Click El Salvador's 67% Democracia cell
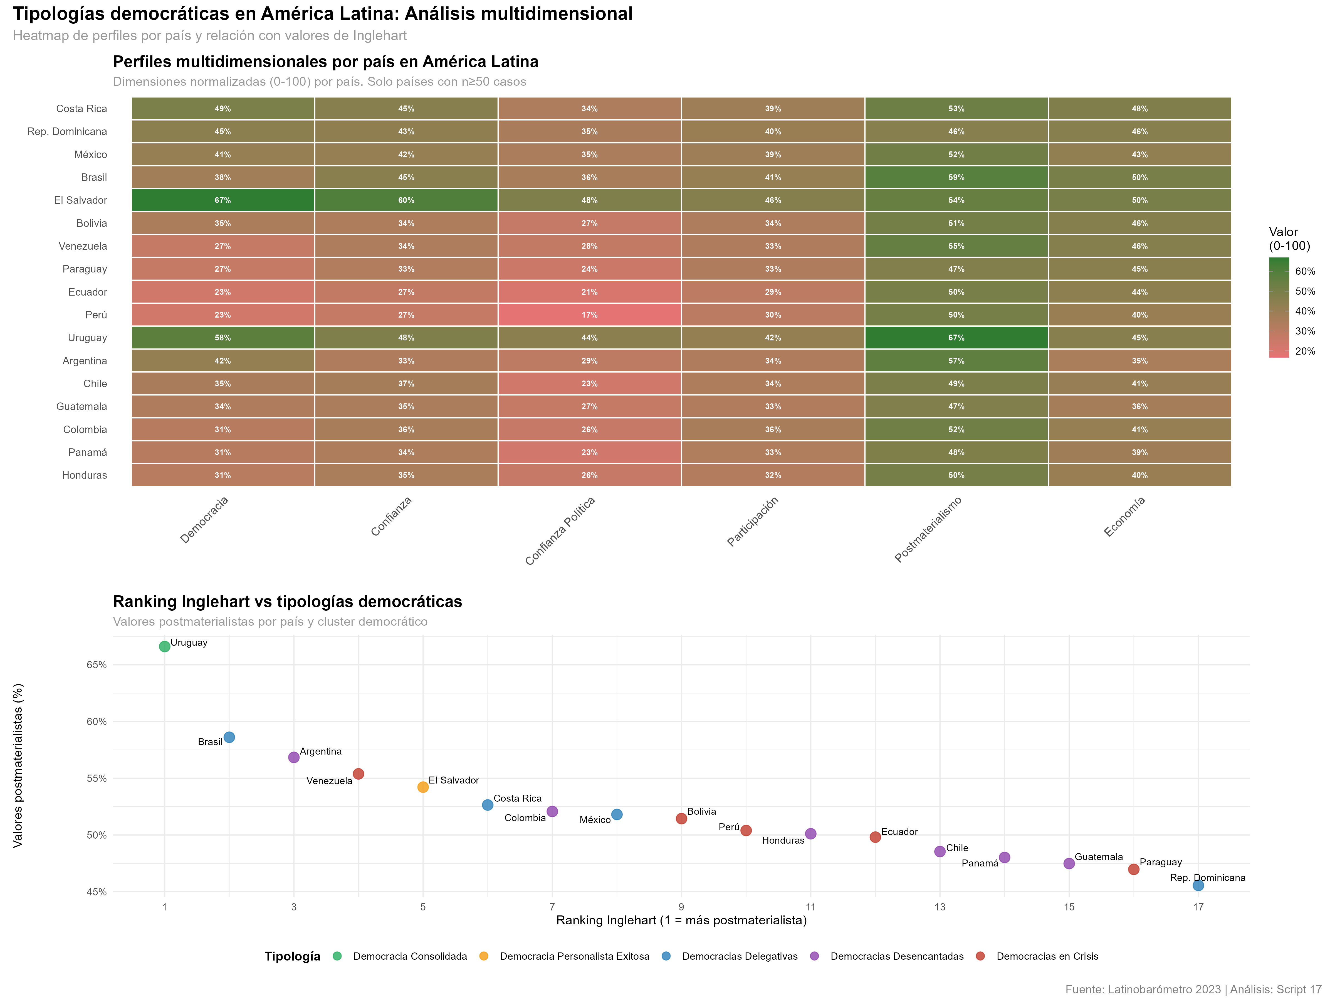pyautogui.click(x=223, y=200)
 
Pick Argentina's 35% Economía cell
pyautogui.click(x=1139, y=360)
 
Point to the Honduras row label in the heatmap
pyautogui.click(x=85, y=475)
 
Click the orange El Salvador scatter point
pyautogui.click(x=423, y=787)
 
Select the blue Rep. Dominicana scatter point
pyautogui.click(x=1198, y=885)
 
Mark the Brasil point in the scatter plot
pyautogui.click(x=229, y=738)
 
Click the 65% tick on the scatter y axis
pyautogui.click(x=97, y=665)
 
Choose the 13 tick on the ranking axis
pyautogui.click(x=940, y=907)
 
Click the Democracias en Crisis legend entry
pyautogui.click(x=1047, y=956)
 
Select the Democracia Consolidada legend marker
pyautogui.click(x=337, y=956)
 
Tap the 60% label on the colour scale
pyautogui.click(x=1305, y=271)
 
